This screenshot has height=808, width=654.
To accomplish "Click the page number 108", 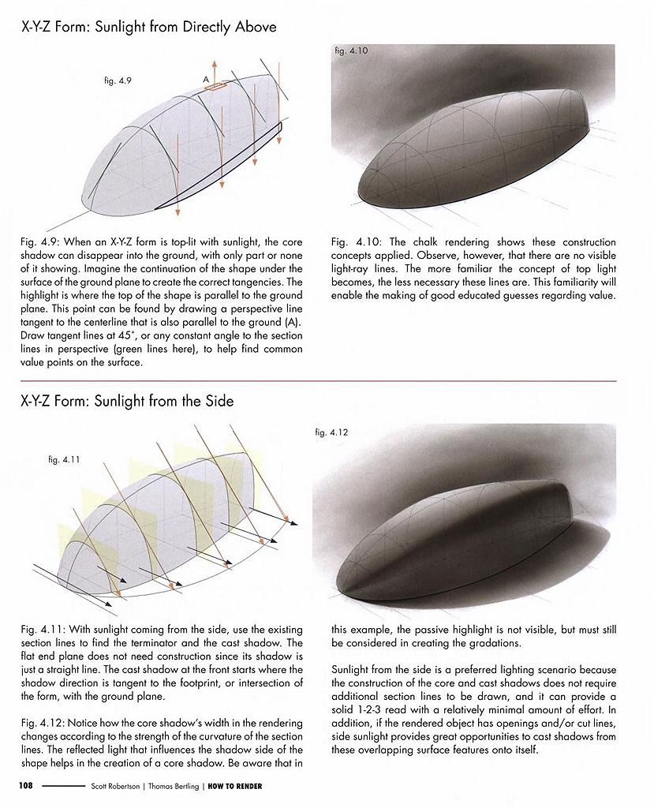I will (28, 786).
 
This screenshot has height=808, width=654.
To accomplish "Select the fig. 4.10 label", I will (350, 50).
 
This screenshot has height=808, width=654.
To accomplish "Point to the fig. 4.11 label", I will (65, 459).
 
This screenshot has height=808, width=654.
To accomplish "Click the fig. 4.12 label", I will (331, 432).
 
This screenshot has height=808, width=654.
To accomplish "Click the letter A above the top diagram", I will (205, 80).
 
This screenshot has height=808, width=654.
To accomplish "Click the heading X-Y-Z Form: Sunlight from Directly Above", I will (148, 28).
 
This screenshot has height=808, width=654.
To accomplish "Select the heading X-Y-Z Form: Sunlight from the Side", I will (127, 401).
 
